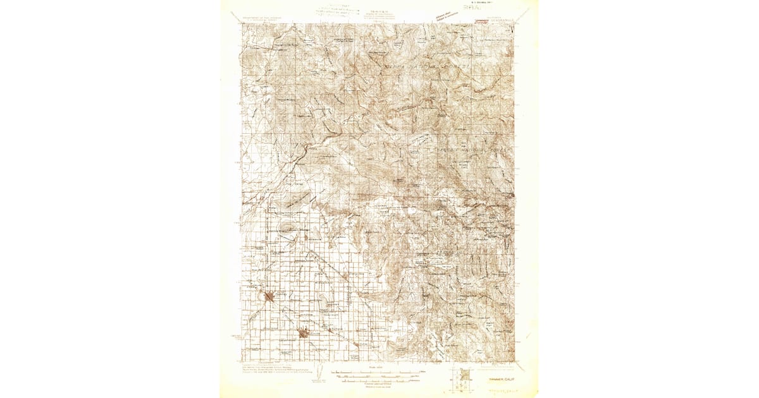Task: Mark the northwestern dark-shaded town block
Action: click(x=270, y=296)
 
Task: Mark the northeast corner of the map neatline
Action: click(x=514, y=24)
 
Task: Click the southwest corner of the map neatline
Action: click(x=242, y=362)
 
